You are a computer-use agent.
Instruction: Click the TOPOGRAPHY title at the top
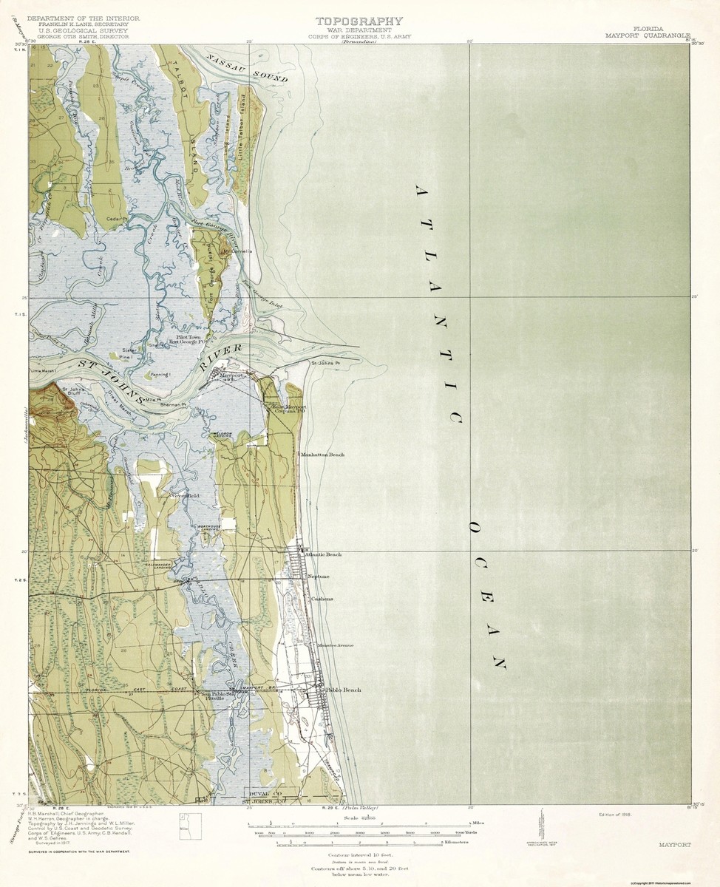click(x=359, y=21)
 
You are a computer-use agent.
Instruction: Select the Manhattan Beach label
click(x=322, y=455)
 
